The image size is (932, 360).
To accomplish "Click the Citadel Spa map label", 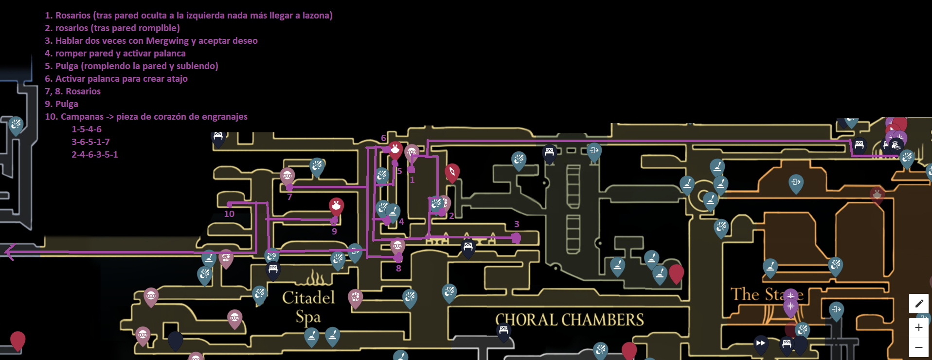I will [x=308, y=306].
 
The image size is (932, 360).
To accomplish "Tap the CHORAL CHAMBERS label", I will [x=569, y=320].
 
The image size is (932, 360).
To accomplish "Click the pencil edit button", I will [x=918, y=304].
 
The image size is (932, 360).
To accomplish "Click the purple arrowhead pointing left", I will [x=10, y=252].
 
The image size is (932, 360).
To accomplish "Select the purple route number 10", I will [x=229, y=214].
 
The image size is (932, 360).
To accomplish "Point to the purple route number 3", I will [x=517, y=224].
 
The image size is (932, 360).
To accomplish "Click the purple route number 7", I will [x=289, y=197].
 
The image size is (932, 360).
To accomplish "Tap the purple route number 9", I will [x=334, y=232].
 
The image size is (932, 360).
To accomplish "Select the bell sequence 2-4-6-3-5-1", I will [x=94, y=155].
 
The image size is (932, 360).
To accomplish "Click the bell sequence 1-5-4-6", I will [x=87, y=129].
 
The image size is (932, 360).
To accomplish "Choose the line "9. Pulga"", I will [x=61, y=104].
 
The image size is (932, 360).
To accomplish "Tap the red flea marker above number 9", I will [x=336, y=206].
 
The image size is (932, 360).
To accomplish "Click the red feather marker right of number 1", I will [x=452, y=172].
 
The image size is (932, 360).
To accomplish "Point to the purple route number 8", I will [x=398, y=269].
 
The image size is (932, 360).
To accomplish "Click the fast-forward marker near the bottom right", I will [x=760, y=343].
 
